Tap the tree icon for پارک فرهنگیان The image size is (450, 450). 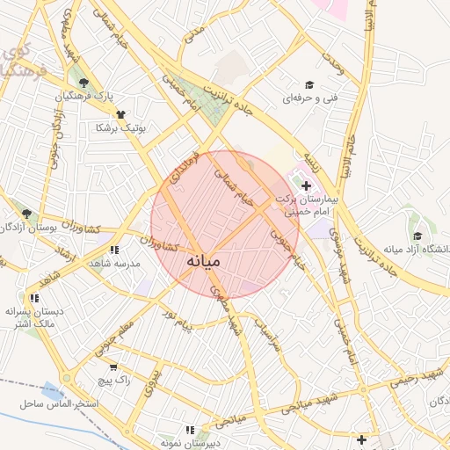(84, 82)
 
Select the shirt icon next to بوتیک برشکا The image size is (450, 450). (120, 114)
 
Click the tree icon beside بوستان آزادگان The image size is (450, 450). (26, 214)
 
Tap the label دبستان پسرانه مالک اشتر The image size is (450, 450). (33, 318)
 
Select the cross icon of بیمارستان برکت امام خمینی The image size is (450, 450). (305, 185)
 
